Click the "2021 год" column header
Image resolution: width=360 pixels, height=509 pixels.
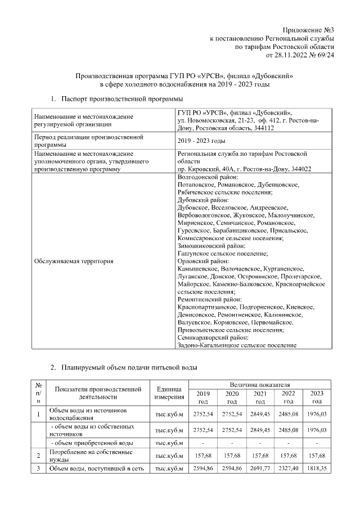[260, 397]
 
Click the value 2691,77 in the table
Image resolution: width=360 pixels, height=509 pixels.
[260, 467]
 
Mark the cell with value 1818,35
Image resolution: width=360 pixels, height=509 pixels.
[317, 467]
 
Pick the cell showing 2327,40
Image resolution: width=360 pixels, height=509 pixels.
[289, 467]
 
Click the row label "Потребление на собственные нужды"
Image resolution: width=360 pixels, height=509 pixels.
[91, 456]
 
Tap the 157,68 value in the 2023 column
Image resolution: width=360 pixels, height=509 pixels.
[317, 456]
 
